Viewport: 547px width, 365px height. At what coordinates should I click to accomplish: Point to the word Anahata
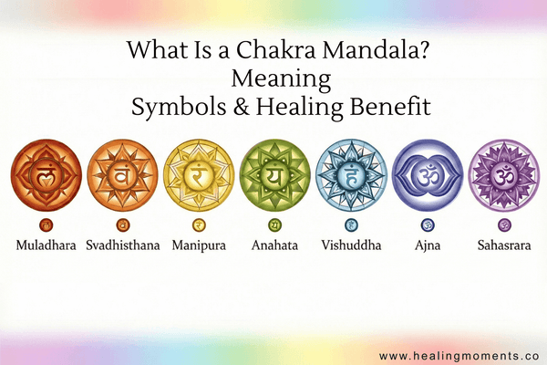274,245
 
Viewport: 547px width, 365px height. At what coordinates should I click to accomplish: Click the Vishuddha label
351,245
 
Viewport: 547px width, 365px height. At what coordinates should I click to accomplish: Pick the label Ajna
428,245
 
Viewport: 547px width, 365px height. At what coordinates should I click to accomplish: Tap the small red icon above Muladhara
46,224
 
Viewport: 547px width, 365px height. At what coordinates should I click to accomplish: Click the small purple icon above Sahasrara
503,224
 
